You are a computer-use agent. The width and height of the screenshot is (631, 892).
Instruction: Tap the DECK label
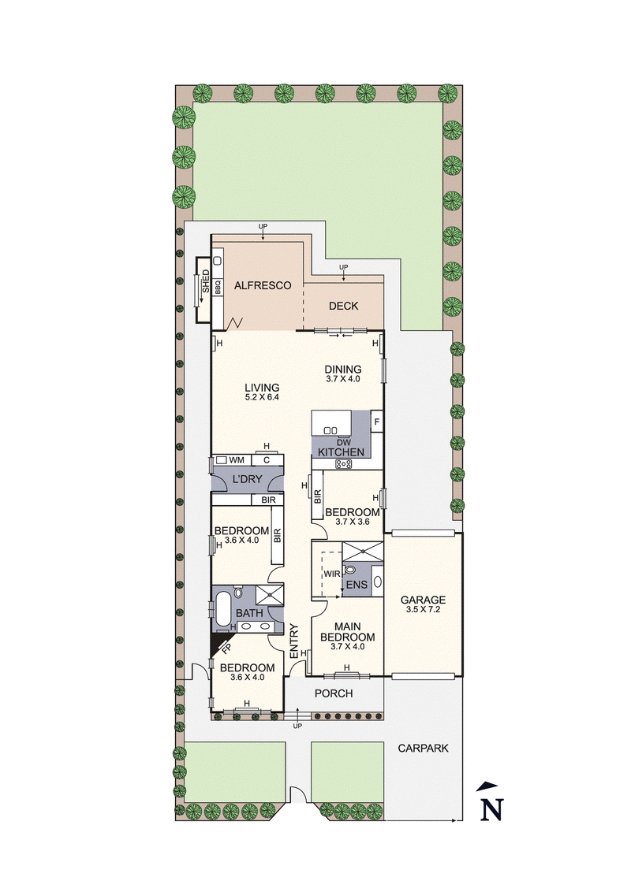343,306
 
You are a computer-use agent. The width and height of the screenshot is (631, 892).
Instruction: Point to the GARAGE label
423,599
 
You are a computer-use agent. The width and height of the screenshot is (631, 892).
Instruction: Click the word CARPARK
423,749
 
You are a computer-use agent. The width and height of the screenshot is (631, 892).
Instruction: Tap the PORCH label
334,693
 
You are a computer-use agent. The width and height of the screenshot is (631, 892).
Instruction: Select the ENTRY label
294,641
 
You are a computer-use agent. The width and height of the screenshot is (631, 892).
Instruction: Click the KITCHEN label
341,452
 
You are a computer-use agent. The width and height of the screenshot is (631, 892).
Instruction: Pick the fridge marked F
377,422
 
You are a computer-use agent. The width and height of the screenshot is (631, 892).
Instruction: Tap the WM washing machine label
237,459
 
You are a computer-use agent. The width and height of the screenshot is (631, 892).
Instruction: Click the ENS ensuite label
356,584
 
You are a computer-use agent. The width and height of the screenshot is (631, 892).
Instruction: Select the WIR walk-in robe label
331,574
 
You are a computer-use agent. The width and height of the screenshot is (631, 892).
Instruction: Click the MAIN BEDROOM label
345,631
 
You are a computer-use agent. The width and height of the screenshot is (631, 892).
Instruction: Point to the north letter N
492,808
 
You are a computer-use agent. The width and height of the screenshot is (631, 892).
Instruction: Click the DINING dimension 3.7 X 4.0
342,379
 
